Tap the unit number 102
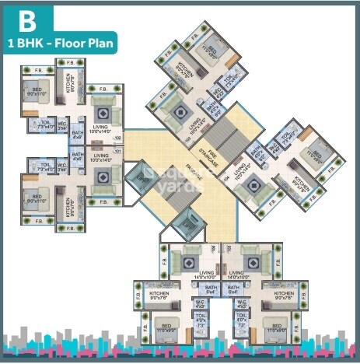point(118,141)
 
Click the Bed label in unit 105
point(274,327)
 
